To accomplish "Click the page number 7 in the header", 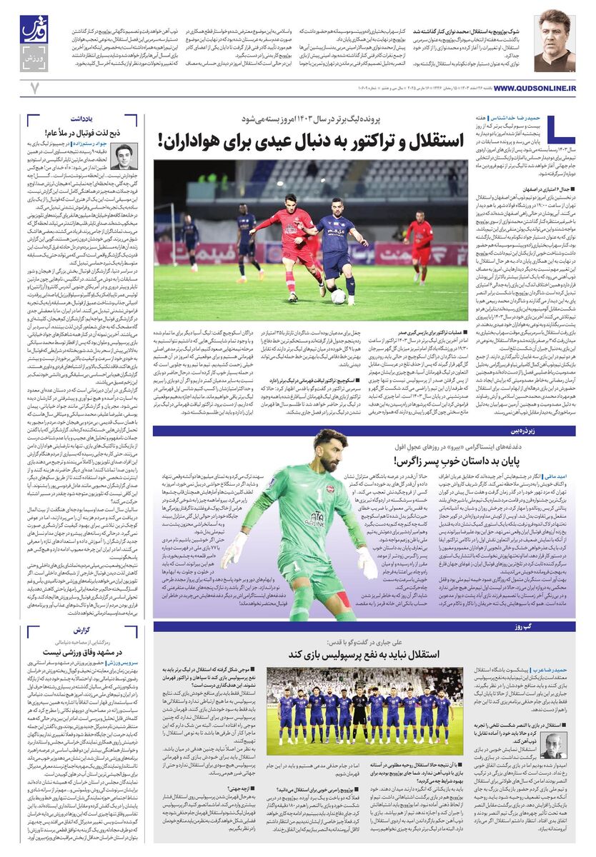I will [x=34, y=88].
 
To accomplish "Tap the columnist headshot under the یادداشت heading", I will [x=124, y=156].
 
